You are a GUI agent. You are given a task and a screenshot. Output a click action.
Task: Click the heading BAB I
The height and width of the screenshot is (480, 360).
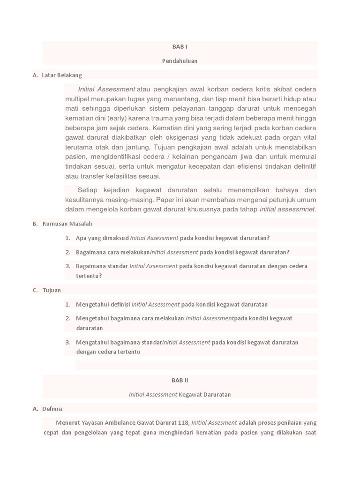tap(180, 46)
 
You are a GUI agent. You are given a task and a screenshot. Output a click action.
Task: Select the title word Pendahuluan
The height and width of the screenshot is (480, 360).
tap(180, 60)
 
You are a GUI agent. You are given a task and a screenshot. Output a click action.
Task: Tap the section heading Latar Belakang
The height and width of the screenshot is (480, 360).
tap(61, 75)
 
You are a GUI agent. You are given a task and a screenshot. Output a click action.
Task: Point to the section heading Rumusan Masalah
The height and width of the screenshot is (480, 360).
tap(67, 224)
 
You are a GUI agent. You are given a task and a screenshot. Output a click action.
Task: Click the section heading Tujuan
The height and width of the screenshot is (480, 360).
tap(52, 290)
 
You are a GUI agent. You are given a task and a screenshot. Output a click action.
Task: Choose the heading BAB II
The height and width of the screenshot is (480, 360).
tap(180, 380)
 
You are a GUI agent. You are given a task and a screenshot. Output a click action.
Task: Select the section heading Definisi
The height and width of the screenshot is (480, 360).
tap(52, 409)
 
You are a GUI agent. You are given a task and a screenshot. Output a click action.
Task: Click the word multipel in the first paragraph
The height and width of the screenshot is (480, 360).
tap(78, 99)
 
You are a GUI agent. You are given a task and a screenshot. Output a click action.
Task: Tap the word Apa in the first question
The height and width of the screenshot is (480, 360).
tap(81, 238)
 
